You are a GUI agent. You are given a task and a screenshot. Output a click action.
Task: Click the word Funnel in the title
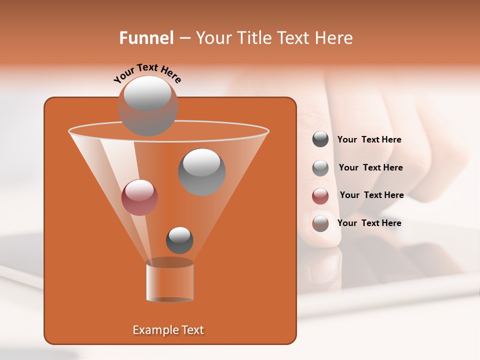click(146, 38)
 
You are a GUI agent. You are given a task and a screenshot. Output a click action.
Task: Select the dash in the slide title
click(184, 38)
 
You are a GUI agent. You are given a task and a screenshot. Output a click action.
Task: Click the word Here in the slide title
click(334, 38)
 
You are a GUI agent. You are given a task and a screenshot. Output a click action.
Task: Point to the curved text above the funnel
click(147, 72)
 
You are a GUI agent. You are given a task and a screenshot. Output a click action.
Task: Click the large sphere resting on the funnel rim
click(147, 105)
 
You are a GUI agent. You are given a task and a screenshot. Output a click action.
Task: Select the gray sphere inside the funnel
click(201, 171)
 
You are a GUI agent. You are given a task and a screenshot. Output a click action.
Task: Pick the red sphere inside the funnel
click(139, 197)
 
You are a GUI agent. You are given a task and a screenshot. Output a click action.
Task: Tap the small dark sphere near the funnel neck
click(179, 240)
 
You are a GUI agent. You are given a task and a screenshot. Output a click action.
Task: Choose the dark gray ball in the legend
click(320, 139)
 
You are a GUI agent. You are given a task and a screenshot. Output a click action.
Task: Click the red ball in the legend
click(320, 195)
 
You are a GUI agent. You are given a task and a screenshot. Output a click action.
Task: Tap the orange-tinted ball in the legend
click(320, 223)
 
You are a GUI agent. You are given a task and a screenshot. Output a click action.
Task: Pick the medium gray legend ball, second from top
click(320, 168)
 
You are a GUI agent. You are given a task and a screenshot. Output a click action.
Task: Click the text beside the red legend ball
click(371, 195)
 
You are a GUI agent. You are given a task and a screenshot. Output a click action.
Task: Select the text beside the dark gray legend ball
click(369, 139)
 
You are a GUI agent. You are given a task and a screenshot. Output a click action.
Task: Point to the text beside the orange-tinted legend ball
click(369, 223)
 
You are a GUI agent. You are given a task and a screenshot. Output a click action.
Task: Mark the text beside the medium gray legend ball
click(370, 167)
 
